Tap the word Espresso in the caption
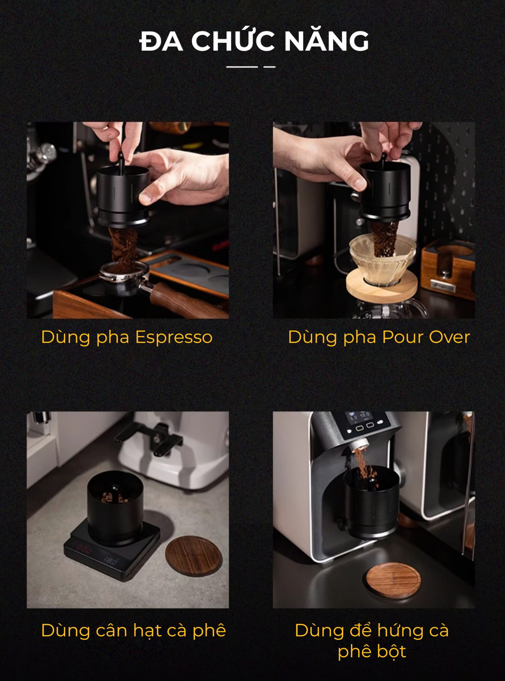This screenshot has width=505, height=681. click(x=174, y=338)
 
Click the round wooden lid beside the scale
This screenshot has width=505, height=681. click(x=194, y=557)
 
